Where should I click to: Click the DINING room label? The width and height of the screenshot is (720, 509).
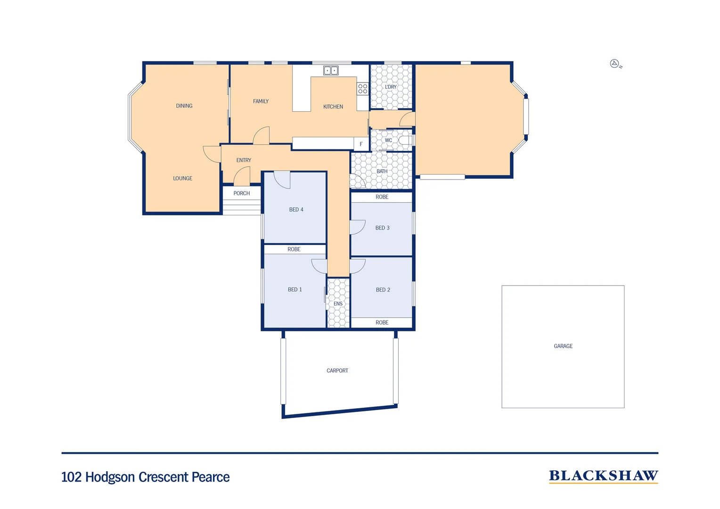pos(184,106)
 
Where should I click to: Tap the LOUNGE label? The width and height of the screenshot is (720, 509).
pos(182,179)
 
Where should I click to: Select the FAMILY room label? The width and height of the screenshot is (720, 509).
pos(261,101)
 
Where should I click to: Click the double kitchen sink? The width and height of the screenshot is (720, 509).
pos(331,71)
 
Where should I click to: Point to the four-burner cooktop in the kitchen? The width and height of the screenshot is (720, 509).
pos(362,89)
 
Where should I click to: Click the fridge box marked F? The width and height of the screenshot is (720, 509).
pos(361,144)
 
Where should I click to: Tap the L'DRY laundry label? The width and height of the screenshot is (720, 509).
pos(391,87)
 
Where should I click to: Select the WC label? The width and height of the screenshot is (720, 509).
pos(388,140)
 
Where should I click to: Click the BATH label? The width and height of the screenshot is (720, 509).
pos(382,172)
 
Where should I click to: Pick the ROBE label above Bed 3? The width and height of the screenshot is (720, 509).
pos(382,197)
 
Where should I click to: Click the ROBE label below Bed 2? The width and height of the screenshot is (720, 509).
pos(382,323)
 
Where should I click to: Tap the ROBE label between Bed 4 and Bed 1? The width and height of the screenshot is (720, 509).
pos(294,249)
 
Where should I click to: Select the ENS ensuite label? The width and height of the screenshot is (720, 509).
pos(338,304)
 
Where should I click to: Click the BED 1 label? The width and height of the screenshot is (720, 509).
pos(295,290)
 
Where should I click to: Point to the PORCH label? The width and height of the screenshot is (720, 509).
pos(242,194)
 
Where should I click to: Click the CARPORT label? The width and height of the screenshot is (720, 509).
pos(337,371)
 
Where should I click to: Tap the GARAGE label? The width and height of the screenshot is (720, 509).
pos(563,346)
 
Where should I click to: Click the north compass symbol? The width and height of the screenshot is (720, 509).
pos(615,64)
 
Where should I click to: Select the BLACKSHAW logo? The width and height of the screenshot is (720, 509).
pos(603,476)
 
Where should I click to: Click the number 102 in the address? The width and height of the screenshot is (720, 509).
pos(72,477)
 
